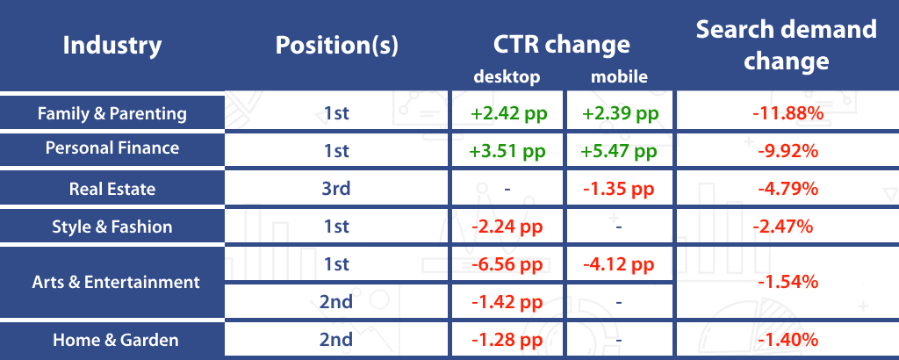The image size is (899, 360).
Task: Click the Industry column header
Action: pos(112,46)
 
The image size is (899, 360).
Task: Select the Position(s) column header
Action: pos(336,46)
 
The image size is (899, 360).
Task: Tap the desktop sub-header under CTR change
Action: pos(507,76)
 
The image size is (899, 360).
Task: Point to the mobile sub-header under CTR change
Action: pos(619,76)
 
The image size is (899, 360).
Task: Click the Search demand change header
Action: pos(786,45)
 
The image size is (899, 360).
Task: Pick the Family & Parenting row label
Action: pos(112,113)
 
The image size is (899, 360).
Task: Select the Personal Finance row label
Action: pos(112,148)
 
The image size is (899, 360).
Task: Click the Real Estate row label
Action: pos(112,189)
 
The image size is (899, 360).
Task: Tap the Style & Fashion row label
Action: pos(112,227)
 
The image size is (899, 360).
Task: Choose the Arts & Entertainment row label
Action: pos(117,282)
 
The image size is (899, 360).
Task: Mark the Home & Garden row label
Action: pos(116,340)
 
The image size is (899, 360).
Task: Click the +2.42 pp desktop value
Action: pos(509,113)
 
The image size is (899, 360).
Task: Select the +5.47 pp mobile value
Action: pos(619,151)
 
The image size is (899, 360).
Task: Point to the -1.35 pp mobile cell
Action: pos(619,189)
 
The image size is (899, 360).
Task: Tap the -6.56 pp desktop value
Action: pos(507,265)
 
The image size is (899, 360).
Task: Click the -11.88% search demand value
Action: pos(788,113)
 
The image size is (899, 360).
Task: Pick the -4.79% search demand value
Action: pos(788,189)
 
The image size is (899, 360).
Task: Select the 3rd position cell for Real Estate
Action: pos(336,189)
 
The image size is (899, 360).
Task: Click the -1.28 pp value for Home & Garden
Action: pos(507,340)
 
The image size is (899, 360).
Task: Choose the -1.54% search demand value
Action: pos(788,282)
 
